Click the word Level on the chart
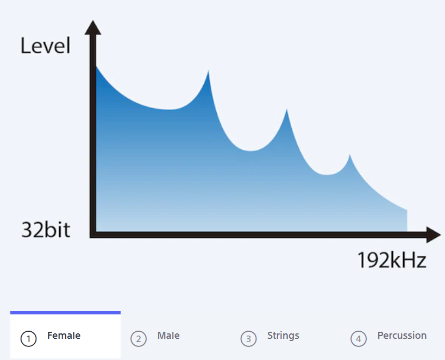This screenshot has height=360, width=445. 46,46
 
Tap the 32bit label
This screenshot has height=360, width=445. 46,230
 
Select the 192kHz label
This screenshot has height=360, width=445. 392,260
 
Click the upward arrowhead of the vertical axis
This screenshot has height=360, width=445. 93,27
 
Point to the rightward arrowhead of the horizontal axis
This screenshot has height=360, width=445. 434,235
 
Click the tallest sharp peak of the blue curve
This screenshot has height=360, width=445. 208,71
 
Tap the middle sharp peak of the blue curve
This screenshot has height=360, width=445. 287,109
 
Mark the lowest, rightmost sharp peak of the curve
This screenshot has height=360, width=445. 350,155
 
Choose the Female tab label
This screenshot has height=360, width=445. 64,336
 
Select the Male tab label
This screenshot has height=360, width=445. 168,336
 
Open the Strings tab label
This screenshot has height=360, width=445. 283,336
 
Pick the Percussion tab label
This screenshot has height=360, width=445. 402,336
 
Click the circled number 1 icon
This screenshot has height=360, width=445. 28,339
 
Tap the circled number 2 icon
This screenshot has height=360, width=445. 139,339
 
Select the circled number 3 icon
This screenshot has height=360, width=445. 249,339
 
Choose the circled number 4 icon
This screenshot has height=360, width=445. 359,339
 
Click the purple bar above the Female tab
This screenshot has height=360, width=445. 66,313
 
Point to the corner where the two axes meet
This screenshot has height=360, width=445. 93,235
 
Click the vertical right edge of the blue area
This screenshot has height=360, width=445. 407,220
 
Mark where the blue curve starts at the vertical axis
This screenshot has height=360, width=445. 96,66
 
